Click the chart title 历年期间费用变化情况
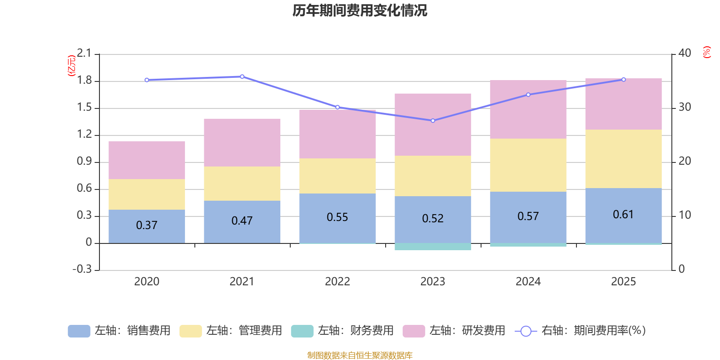[360, 10]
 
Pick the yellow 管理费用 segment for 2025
[623, 158]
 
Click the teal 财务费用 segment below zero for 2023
[433, 247]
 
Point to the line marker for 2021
[242, 76]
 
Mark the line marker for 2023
[433, 121]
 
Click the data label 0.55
[337, 217]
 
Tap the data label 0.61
[623, 215]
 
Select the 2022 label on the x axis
[337, 282]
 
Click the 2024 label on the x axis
[528, 282]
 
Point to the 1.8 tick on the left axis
[84, 81]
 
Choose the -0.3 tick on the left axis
[82, 269]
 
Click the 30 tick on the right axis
[685, 107]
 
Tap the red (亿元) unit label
[71, 66]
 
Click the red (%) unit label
[706, 52]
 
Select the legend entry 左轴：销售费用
[119, 331]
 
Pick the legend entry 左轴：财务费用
[342, 331]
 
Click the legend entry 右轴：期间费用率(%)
[580, 331]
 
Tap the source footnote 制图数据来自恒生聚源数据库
[360, 355]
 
